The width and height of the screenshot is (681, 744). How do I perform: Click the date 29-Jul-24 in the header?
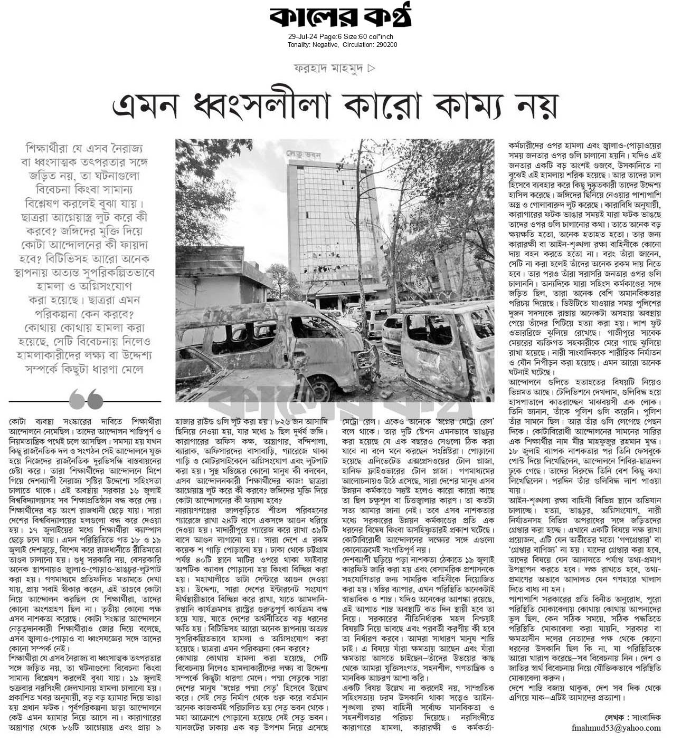click(x=302, y=37)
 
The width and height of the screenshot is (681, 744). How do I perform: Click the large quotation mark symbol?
click(x=86, y=399)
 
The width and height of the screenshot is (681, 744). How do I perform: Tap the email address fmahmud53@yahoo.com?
click(x=616, y=728)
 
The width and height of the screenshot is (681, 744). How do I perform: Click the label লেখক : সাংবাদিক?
click(x=633, y=717)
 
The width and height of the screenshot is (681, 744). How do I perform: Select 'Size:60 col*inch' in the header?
click(x=370, y=37)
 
